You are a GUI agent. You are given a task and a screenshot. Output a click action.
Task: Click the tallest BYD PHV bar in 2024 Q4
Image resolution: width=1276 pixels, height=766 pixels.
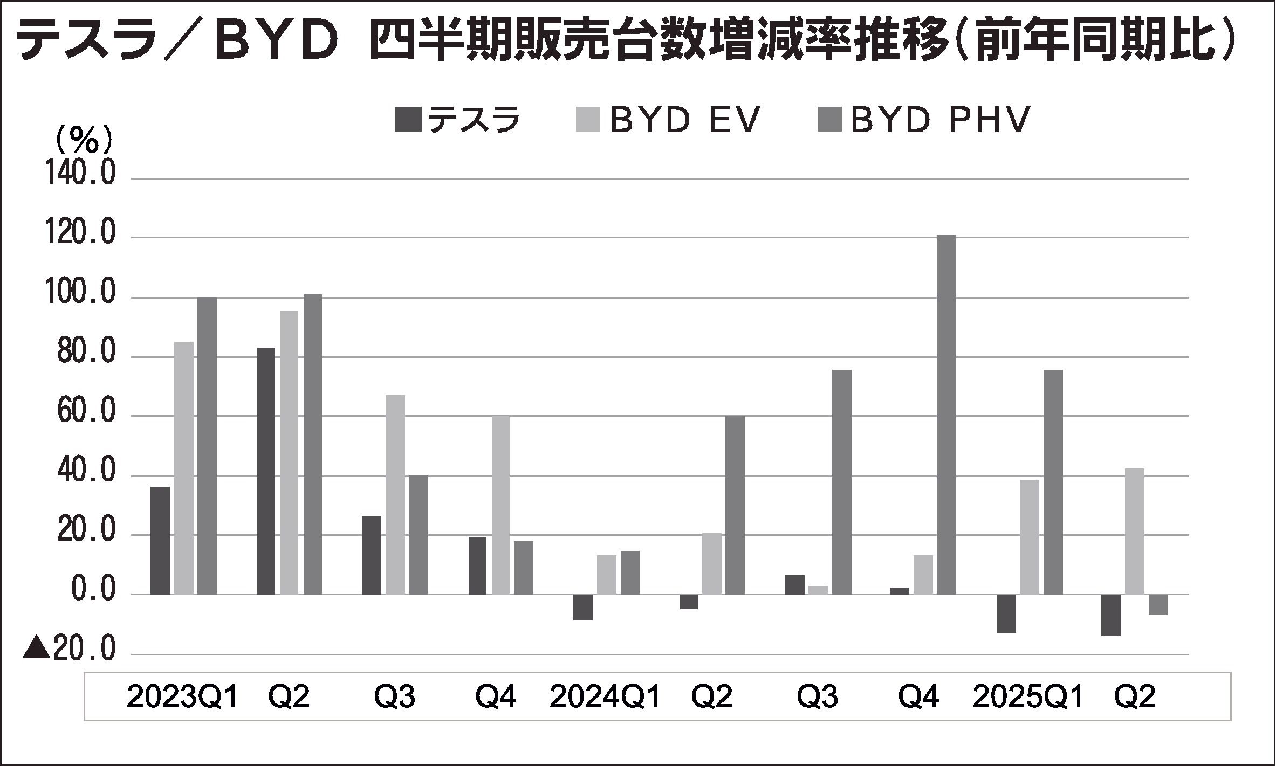(946, 415)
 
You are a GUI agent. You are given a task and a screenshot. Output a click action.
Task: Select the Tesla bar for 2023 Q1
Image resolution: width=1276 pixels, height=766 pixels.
(160, 540)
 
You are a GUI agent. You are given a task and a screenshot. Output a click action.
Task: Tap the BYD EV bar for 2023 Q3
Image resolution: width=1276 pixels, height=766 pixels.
(395, 494)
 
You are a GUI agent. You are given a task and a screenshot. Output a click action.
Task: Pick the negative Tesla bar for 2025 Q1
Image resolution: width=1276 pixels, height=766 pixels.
(1006, 613)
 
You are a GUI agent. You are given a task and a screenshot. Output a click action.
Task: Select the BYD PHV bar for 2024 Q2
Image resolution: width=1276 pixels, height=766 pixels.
(735, 505)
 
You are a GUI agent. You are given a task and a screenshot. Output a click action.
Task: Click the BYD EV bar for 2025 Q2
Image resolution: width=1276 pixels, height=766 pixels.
(1134, 531)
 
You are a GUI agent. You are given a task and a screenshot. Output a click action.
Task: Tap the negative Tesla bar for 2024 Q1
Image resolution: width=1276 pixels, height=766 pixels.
(583, 607)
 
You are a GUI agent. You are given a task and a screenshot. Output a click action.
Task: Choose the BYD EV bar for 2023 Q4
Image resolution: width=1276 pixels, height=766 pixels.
(501, 505)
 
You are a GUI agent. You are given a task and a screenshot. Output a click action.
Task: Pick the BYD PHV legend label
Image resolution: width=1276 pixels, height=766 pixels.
(941, 120)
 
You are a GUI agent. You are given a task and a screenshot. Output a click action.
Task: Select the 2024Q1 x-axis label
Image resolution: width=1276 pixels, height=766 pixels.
(605, 698)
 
